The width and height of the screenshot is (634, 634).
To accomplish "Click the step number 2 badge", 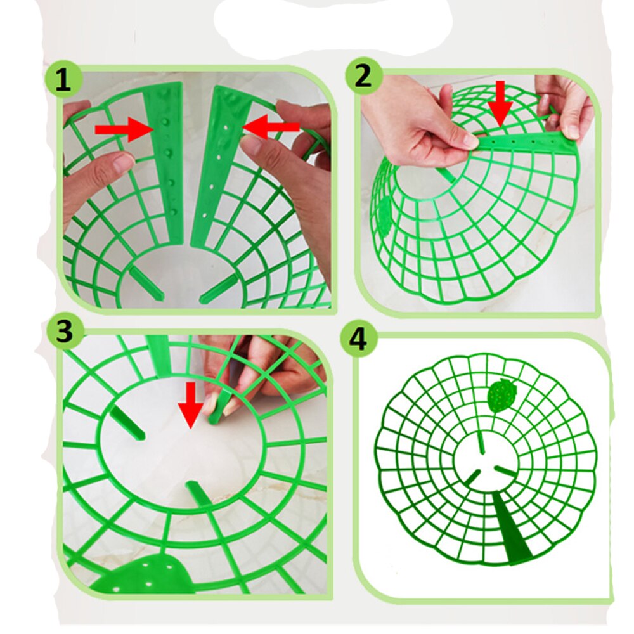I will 363,77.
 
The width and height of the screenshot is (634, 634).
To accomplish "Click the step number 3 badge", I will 64,331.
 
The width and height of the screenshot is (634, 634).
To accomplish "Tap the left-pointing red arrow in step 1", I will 270,128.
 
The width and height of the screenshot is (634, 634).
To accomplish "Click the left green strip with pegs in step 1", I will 167,158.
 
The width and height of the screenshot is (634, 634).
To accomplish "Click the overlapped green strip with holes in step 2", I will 526,143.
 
